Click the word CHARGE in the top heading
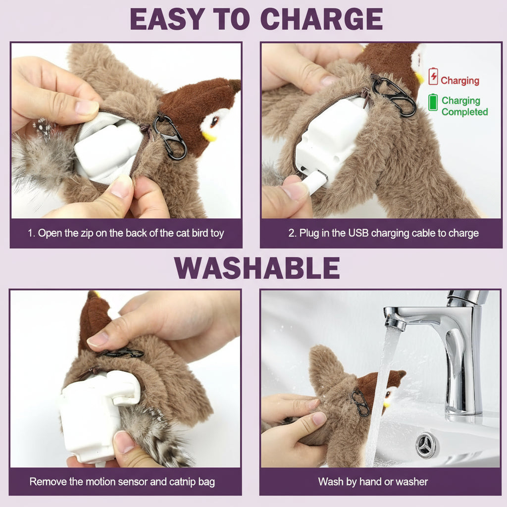[x=321, y=19]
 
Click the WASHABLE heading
[x=257, y=268]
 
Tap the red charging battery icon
[x=433, y=76]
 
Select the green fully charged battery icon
[x=433, y=102]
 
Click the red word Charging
[x=460, y=81]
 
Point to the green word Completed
[x=464, y=112]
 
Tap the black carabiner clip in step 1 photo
[x=170, y=138]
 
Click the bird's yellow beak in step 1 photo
[x=209, y=136]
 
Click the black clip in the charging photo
[x=394, y=96]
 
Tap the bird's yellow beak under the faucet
[x=386, y=404]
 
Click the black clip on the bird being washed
[x=360, y=403]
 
